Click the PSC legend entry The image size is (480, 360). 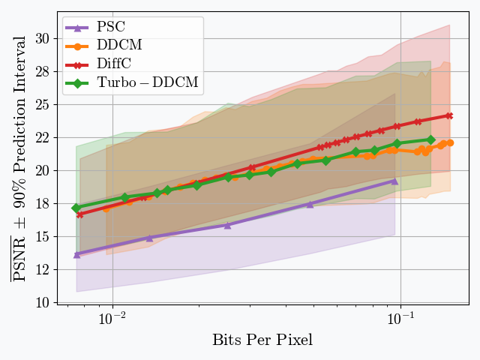[110, 28]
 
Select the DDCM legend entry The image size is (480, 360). [119, 46]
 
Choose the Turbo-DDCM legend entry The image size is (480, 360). [148, 82]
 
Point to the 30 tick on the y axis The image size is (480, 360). [42, 39]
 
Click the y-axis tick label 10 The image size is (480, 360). [42, 302]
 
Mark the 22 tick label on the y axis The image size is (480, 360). [42, 138]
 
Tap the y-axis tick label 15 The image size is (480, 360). [42, 236]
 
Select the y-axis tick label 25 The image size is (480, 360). [42, 105]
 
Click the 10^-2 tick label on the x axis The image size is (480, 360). [112, 317]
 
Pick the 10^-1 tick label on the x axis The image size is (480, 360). [400, 317]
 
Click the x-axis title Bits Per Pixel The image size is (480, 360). [262, 340]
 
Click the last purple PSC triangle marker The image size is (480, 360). [394, 181]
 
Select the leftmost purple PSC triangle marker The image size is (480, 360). [77, 255]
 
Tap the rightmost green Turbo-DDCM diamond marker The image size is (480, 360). [430, 139]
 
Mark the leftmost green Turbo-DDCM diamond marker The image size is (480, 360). [76, 208]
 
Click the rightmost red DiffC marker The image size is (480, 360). [449, 115]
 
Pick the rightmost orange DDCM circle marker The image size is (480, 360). [450, 142]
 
